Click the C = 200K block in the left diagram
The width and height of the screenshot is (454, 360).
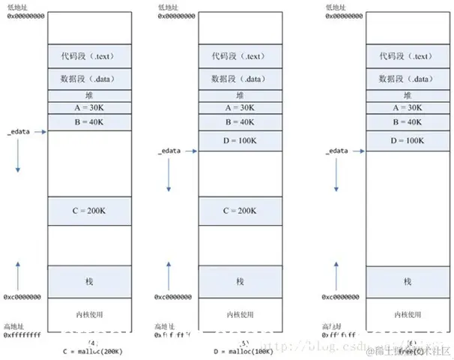click(90, 211)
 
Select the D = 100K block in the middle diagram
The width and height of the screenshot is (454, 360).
click(240, 140)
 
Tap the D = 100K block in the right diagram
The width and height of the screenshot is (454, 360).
click(407, 140)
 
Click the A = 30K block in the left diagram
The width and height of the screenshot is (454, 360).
click(90, 108)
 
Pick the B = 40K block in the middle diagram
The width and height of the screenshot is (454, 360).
click(240, 122)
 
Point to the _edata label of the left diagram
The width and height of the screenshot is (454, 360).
click(21, 132)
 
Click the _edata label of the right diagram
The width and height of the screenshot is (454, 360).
click(337, 151)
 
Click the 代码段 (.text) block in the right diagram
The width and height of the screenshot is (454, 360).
click(407, 55)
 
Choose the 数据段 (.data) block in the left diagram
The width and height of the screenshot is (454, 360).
click(90, 77)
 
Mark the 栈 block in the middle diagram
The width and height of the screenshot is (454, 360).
click(240, 281)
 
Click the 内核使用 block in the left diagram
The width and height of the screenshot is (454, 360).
click(90, 313)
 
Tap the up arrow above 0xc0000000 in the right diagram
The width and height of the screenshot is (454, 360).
click(335, 274)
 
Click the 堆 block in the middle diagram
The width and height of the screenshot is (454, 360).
click(240, 95)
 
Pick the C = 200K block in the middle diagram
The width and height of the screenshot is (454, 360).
click(240, 211)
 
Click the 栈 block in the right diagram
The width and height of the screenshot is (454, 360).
click(407, 281)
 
